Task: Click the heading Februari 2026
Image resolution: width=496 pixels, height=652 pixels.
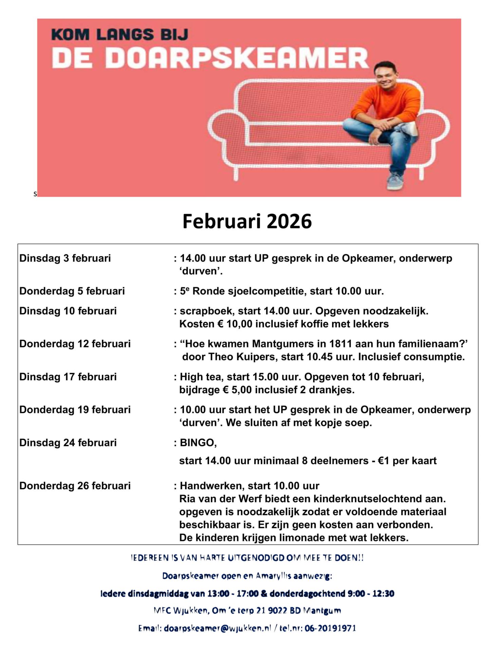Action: coord(247,221)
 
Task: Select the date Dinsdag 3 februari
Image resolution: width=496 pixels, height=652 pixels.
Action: coord(65,258)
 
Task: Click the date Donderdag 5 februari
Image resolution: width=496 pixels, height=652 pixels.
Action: coord(72,291)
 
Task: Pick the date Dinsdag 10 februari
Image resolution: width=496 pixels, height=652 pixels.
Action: coord(68,311)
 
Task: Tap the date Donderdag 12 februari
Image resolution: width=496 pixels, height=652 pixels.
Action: coord(75,344)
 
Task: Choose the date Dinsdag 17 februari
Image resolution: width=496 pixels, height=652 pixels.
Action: coord(68,377)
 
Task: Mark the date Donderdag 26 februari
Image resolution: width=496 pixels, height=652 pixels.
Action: coord(75,486)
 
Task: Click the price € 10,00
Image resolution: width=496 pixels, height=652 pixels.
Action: coord(235,324)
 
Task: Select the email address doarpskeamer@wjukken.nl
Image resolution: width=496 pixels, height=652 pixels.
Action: coord(217,629)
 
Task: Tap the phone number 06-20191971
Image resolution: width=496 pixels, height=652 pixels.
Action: coord(330,629)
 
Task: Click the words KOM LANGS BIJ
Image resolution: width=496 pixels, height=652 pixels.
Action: coord(120,35)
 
